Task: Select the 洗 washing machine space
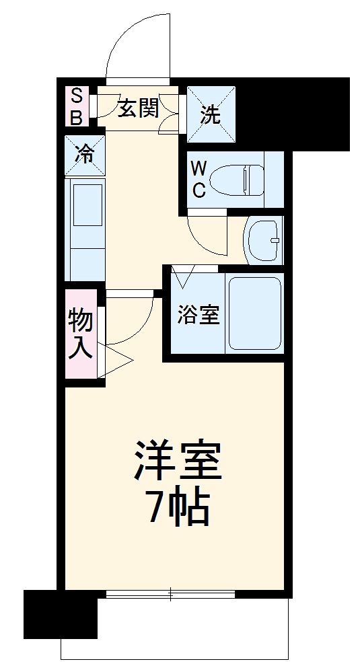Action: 211,115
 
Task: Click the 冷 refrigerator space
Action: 85,155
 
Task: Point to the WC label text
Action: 199,179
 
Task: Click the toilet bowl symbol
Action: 235,179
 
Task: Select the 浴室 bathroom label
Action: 199,315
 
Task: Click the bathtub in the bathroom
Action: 254,313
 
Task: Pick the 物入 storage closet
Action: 81,334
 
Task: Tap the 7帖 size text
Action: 178,509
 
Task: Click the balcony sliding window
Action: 170,594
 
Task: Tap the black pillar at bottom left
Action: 60,614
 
